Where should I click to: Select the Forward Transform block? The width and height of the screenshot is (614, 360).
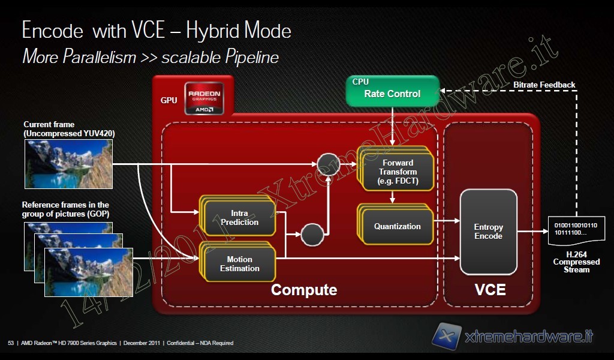tap(396, 172)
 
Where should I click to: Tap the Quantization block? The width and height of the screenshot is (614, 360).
tap(397, 226)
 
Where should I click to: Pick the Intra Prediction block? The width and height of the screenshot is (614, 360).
tap(240, 218)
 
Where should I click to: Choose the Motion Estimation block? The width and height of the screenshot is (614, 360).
tap(239, 264)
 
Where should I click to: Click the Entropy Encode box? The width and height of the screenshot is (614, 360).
tap(488, 232)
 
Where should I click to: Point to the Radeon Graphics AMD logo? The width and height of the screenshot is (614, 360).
tap(204, 98)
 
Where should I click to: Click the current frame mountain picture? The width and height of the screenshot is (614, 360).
tap(68, 164)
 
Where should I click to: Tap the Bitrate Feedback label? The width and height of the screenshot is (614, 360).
tap(544, 85)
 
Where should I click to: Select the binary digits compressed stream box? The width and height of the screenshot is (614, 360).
tap(576, 229)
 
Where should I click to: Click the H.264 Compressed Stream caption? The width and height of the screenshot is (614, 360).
tap(576, 262)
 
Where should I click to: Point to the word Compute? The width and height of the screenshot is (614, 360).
tap(304, 290)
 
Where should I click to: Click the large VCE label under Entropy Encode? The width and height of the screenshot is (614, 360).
tap(490, 290)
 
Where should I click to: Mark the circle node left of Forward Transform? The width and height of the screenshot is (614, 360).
tap(329, 164)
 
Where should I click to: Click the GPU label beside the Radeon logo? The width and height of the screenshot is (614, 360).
tap(169, 100)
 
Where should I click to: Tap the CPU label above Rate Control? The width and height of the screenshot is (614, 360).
tap(360, 82)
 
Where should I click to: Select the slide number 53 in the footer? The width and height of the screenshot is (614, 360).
tap(11, 343)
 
